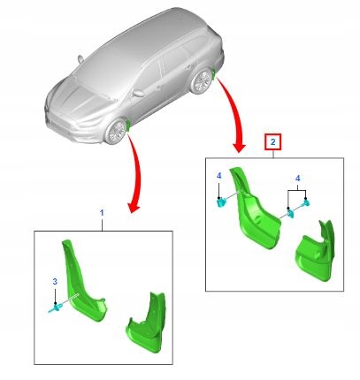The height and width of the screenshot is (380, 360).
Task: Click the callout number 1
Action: [x=102, y=215]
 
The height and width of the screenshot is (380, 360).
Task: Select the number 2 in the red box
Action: [x=273, y=141]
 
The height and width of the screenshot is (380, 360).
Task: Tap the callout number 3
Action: [x=55, y=281]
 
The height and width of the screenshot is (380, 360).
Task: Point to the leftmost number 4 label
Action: [x=219, y=176]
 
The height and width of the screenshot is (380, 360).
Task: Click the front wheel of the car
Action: [x=116, y=132]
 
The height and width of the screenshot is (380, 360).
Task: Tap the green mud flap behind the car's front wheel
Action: [x=130, y=125]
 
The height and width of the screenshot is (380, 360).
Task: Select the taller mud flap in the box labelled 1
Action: [x=80, y=283]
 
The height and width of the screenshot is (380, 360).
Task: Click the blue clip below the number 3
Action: [x=56, y=307]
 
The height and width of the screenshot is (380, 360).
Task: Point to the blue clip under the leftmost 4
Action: [x=220, y=201]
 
